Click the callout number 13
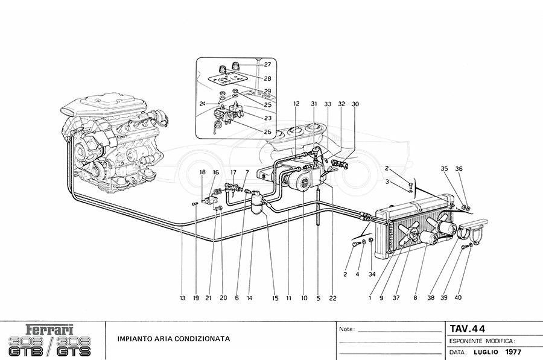click(182, 298)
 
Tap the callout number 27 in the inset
click(267, 65)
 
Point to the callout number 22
click(332, 298)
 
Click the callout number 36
click(459, 169)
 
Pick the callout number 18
click(203, 172)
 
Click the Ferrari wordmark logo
click(50, 330)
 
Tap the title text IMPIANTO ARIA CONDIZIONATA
click(173, 339)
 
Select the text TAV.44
click(468, 329)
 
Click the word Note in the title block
click(346, 330)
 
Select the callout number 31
click(314, 104)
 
